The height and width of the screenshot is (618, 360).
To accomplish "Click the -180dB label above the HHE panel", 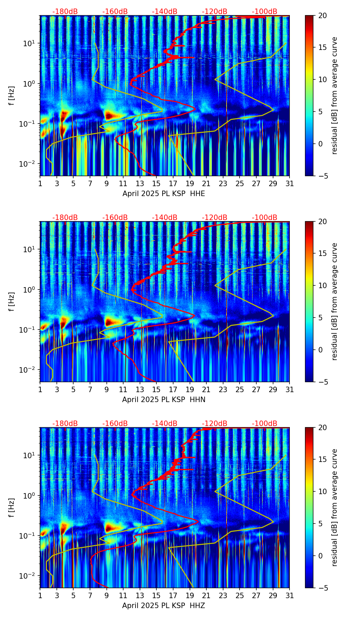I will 65,12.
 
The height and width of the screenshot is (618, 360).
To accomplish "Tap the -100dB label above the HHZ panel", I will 265,424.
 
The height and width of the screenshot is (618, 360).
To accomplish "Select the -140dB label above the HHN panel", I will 165,218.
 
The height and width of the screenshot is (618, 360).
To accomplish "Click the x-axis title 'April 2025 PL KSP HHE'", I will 164,194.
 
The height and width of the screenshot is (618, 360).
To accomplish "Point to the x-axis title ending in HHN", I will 164,399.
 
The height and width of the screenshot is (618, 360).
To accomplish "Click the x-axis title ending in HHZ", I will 164,605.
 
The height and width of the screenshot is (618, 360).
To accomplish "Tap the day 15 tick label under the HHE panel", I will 156,184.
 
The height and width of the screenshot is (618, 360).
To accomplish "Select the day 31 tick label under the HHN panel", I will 289,390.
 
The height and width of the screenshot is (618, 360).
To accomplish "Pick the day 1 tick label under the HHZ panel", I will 40,596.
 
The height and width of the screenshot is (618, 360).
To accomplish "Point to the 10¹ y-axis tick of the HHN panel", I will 30,249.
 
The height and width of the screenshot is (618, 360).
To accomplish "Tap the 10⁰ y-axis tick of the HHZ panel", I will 30,495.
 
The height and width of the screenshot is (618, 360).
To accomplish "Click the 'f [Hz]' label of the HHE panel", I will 12,96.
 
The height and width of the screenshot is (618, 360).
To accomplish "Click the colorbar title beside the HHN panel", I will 334,301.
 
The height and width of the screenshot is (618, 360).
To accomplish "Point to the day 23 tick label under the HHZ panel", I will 223,596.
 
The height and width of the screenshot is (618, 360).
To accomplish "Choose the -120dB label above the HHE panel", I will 215,12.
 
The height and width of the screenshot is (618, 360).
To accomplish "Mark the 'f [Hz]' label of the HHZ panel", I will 12,507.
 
